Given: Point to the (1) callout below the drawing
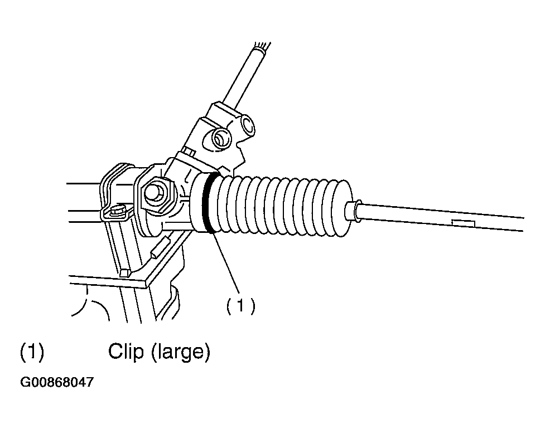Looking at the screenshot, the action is (x=240, y=306).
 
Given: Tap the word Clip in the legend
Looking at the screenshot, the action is (x=126, y=352).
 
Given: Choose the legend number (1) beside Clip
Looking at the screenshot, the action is (x=32, y=352).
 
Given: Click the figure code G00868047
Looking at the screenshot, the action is (x=57, y=383).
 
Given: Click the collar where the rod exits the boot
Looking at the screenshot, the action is (x=353, y=210).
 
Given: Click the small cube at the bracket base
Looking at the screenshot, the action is (x=124, y=272).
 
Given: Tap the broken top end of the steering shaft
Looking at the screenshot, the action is (x=262, y=46).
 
